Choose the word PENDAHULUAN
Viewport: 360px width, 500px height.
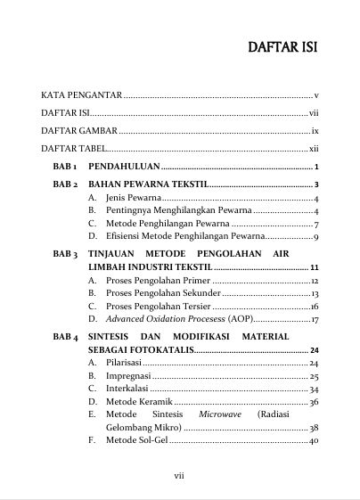coord(124,167)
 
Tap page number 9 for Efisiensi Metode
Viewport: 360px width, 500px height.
coord(315,237)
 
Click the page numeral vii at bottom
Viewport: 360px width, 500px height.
coord(179,475)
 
